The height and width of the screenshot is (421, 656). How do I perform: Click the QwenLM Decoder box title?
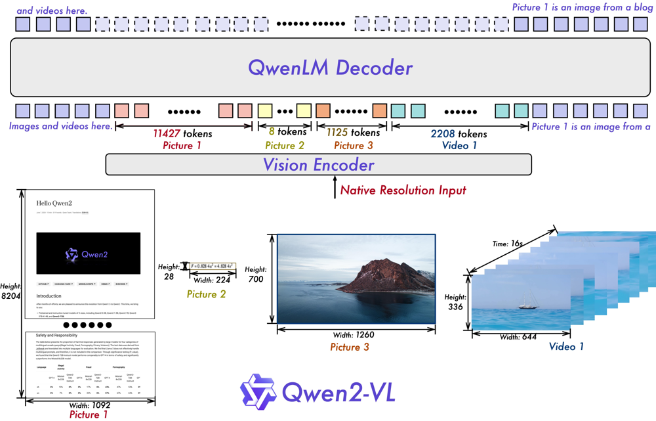tap(330, 68)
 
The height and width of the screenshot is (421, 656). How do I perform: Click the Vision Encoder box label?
tap(318, 165)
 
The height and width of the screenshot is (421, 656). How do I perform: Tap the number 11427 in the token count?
tap(167, 134)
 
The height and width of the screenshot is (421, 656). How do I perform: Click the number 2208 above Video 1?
tap(443, 134)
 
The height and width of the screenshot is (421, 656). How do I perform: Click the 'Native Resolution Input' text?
tap(403, 190)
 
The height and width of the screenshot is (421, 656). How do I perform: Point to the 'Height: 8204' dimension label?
tap(10, 292)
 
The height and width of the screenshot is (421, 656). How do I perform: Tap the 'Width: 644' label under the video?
tap(518, 337)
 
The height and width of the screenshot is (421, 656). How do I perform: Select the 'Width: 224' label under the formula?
tap(213, 280)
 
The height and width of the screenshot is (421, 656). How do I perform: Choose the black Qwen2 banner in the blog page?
tap(88, 254)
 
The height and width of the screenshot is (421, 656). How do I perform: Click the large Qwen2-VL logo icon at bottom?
tap(257, 391)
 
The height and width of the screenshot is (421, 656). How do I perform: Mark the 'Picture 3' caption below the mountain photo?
tap(350, 347)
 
